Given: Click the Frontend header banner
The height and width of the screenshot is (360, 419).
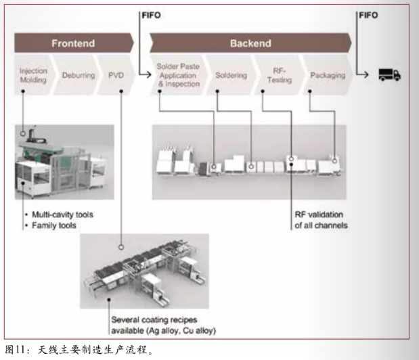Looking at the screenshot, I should [x=73, y=44].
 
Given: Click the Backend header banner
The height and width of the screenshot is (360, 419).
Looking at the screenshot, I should [x=250, y=44].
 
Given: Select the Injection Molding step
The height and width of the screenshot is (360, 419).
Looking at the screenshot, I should [x=32, y=75].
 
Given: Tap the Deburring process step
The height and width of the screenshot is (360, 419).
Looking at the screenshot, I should [x=74, y=75].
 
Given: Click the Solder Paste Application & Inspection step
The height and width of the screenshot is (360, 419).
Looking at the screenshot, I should [x=178, y=75].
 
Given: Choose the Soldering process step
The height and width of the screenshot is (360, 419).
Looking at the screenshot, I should [x=231, y=75].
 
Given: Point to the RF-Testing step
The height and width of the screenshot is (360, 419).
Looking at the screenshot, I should [x=279, y=75].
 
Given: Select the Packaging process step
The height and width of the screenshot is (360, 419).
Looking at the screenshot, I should [x=327, y=75].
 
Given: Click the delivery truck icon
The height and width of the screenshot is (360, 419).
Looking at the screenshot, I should [x=389, y=74].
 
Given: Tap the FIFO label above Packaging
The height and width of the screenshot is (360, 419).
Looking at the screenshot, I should [x=369, y=14].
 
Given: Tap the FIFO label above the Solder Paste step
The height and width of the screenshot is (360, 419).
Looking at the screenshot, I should [x=152, y=14].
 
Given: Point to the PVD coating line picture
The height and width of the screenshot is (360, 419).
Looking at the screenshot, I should [x=144, y=271].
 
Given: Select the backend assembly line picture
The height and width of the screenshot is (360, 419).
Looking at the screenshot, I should [x=249, y=162].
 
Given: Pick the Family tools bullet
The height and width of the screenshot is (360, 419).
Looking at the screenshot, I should [x=51, y=225].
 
